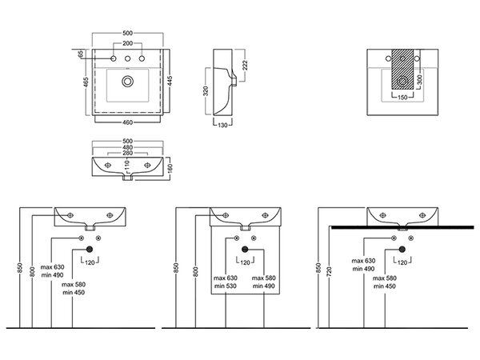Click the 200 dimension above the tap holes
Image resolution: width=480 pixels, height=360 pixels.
(128, 43)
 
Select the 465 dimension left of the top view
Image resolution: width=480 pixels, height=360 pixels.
(86, 82)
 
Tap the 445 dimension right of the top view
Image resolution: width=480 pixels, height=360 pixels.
(170, 81)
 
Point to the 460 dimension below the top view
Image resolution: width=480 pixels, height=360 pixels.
(128, 122)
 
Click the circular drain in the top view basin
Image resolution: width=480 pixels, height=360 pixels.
(127, 82)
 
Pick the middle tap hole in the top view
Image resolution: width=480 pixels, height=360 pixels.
(128, 58)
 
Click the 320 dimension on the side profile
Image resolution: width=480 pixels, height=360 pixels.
(206, 91)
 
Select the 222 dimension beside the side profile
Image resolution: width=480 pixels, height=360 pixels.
(245, 66)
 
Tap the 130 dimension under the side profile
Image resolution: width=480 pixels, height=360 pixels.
(222, 126)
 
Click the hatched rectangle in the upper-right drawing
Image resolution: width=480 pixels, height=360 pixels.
(402, 69)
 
